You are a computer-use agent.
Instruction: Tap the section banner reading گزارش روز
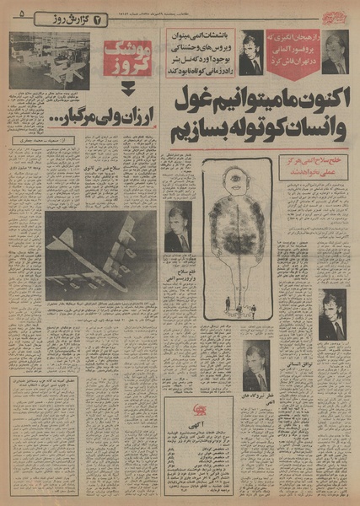point(68,18)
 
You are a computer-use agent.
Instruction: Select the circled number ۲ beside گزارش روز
point(99,18)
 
